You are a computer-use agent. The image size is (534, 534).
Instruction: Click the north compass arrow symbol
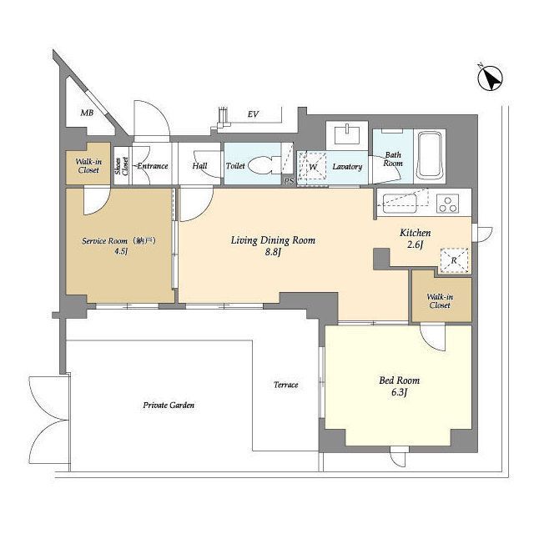[x=491, y=78]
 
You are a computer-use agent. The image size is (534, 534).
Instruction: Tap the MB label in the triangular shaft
[x=87, y=113]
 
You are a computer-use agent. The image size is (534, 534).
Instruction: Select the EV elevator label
[x=253, y=114]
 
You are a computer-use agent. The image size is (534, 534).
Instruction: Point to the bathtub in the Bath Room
[x=431, y=157]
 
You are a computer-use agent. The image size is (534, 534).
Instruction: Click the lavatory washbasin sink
[x=347, y=134]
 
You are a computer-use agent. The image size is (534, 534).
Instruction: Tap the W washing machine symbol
[x=312, y=166]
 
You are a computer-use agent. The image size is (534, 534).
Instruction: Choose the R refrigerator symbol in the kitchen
[x=454, y=260]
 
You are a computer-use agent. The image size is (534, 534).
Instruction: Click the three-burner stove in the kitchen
[x=447, y=204]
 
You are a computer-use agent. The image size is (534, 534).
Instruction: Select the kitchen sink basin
[x=400, y=204]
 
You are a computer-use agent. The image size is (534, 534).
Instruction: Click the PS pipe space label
[x=289, y=181]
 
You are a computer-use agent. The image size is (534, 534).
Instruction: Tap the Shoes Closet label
[x=122, y=166]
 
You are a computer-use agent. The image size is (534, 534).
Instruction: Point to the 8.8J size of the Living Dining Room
[x=273, y=252]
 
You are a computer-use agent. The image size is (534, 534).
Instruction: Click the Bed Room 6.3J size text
[x=399, y=392]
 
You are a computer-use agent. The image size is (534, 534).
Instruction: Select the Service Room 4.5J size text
[x=121, y=252]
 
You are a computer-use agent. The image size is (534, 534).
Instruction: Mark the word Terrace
[x=285, y=385]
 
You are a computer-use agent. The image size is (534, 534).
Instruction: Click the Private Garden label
[x=169, y=406]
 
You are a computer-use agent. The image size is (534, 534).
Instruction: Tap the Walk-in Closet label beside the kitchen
[x=440, y=301]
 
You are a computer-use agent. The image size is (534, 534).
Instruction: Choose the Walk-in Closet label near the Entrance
[x=88, y=166]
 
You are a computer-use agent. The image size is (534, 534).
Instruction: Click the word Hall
[x=199, y=166]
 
